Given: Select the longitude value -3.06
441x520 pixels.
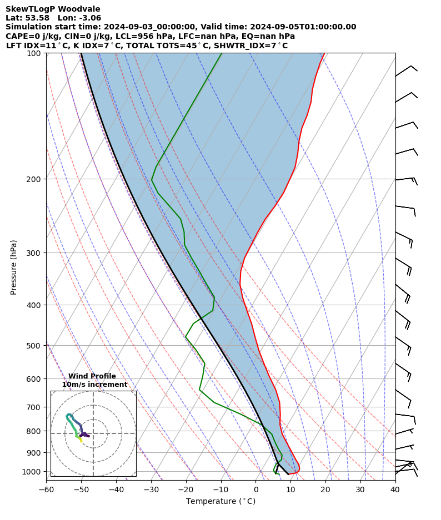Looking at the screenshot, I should (89, 18).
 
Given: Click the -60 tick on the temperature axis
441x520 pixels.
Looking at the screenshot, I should (46, 489).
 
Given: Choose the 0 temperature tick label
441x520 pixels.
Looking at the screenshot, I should (255, 489).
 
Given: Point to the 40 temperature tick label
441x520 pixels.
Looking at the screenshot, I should (395, 489).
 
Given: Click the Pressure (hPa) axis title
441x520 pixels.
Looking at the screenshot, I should (13, 267).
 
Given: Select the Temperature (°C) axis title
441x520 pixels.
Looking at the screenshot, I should (220, 502).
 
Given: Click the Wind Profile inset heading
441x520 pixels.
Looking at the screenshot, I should (92, 376).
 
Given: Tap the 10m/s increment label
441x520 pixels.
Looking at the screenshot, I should (94, 385).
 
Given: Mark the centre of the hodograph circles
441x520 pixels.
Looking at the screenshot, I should (93, 433).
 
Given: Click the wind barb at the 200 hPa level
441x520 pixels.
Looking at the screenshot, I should (405, 179).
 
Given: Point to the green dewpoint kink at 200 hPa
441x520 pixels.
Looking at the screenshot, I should (152, 179).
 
